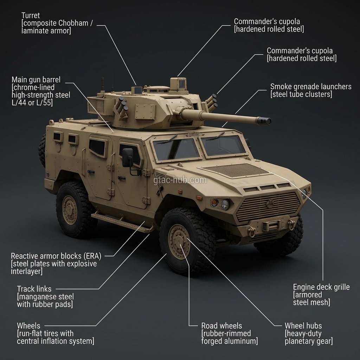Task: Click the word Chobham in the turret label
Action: [73, 23]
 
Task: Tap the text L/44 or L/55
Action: [32, 103]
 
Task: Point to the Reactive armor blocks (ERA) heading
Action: [56, 256]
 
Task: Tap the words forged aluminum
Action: [229, 341]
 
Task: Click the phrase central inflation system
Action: [56, 341]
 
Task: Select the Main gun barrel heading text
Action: [36, 80]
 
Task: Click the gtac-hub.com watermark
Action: [180, 180]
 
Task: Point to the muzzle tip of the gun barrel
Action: [270, 121]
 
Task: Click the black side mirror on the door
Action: [128, 157]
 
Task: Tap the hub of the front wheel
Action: [179, 242]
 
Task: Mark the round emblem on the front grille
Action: [270, 204]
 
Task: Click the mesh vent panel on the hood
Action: [236, 170]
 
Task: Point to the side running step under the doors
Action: [122, 222]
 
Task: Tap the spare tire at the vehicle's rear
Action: [42, 150]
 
